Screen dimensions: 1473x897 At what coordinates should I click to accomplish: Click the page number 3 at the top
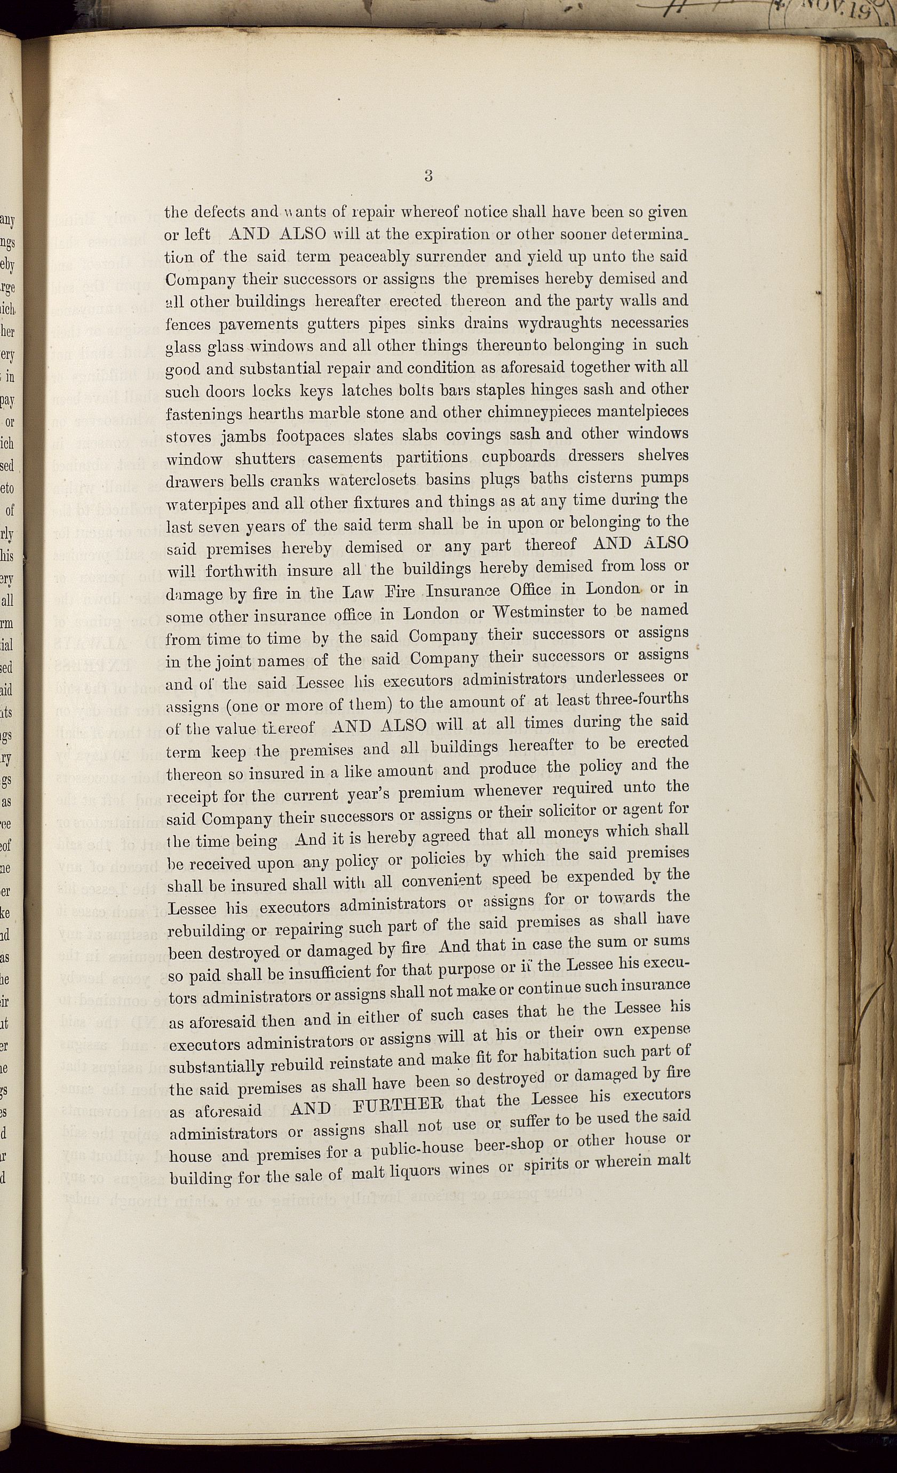pyautogui.click(x=428, y=176)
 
